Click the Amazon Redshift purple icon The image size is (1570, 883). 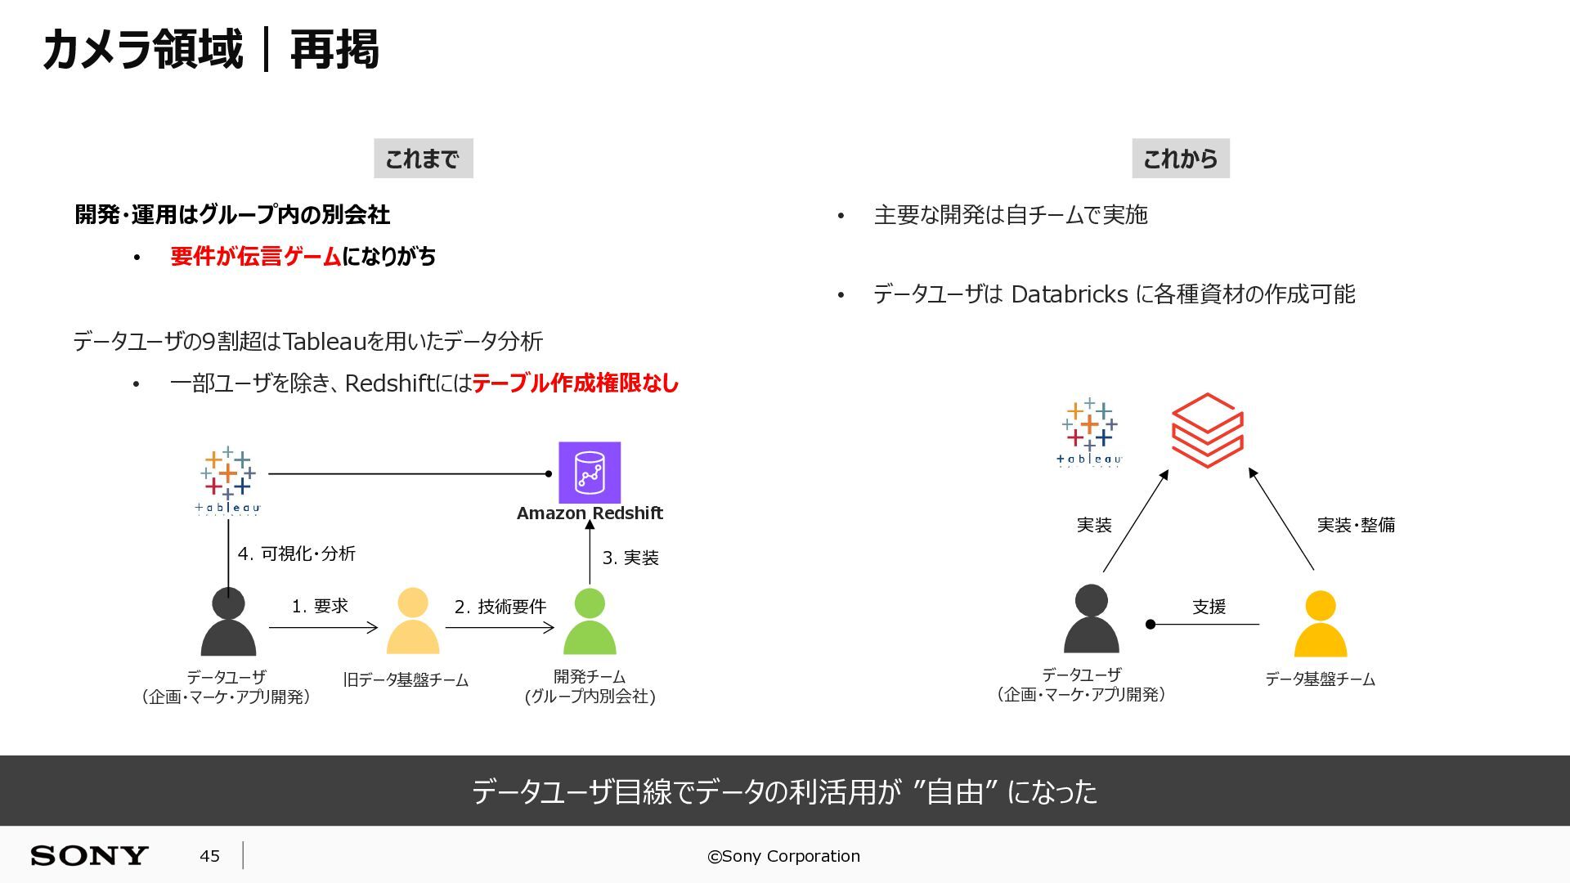point(590,473)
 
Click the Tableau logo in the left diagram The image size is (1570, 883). point(228,481)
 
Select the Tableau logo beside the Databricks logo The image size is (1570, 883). point(1089,433)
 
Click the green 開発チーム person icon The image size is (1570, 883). point(590,621)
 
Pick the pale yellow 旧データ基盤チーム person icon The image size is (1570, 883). point(412,621)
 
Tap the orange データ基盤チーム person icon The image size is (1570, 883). point(1320,624)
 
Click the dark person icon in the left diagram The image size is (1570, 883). point(228,621)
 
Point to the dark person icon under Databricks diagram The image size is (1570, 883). point(1091,618)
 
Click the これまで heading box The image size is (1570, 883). point(424,159)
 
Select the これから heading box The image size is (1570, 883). point(1181,159)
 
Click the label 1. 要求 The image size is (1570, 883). point(320,606)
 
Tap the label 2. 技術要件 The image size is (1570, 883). point(500,607)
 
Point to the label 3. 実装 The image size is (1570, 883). point(630,558)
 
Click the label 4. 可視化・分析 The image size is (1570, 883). point(296,554)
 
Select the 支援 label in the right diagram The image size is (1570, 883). point(1209,607)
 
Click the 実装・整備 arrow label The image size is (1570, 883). point(1356,525)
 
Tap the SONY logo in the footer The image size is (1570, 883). point(89,856)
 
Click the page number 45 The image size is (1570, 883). point(209,856)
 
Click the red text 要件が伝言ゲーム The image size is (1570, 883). point(255,257)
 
